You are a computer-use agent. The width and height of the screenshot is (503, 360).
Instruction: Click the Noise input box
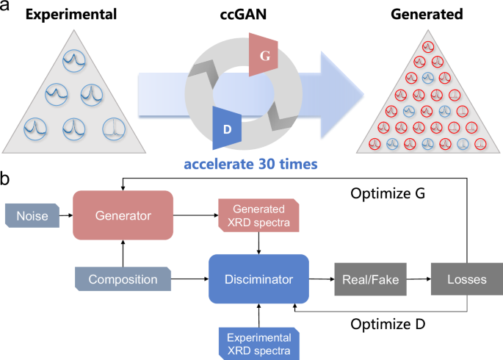click(33, 215)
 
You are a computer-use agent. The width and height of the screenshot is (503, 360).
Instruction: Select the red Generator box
click(122, 215)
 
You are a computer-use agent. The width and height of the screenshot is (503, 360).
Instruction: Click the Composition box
click(122, 280)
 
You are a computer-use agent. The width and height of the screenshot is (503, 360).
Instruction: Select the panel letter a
click(7, 8)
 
